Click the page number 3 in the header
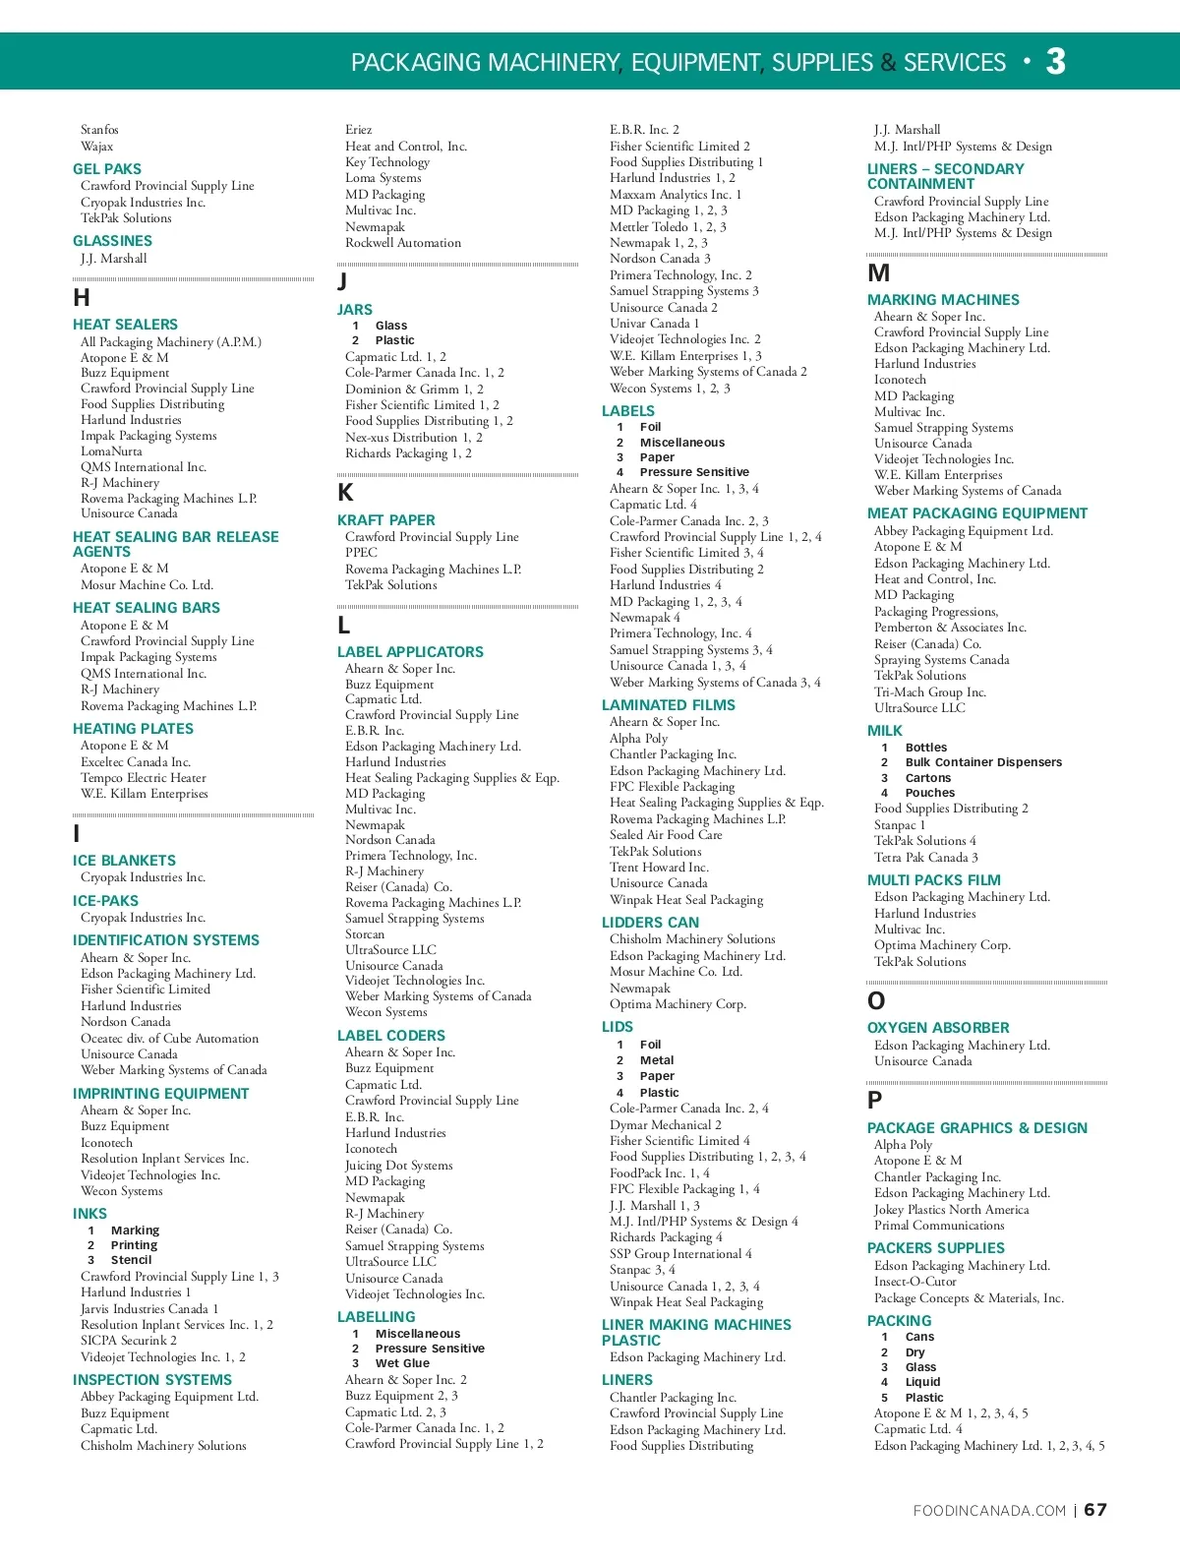pos(1055,62)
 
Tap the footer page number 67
pos(1095,1510)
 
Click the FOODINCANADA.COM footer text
pos(989,1511)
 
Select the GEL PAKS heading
pos(107,169)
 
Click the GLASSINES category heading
pos(112,241)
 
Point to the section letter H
pos(82,298)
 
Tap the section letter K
pos(345,493)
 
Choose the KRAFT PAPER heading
pos(385,520)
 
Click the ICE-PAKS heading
pos(105,901)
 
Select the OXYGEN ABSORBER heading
pos(938,1028)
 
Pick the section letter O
pos(876,1001)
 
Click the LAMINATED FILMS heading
pos(669,705)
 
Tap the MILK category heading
pos(885,731)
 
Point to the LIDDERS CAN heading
pos(650,923)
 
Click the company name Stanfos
pos(99,130)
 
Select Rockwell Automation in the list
pos(403,243)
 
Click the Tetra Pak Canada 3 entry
pos(926,858)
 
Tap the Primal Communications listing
pos(939,1226)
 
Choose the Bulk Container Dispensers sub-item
pos(983,762)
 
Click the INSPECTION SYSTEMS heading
pos(152,1380)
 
